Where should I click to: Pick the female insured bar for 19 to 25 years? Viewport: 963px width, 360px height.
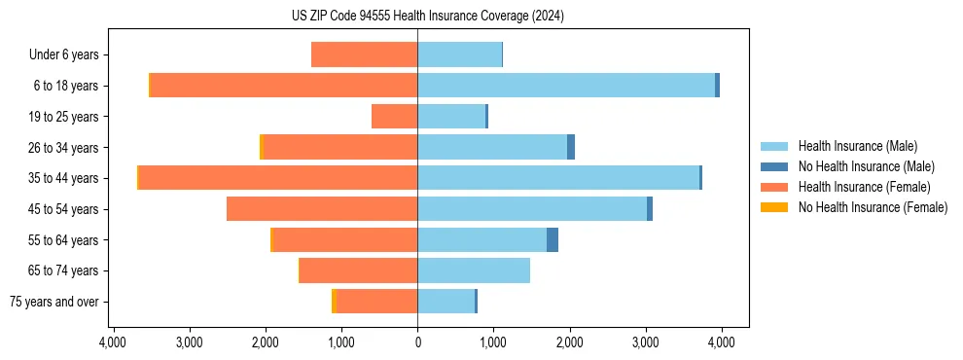(395, 117)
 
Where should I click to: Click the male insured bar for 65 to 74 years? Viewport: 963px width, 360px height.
(474, 270)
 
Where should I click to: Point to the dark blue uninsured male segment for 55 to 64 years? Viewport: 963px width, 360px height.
(553, 239)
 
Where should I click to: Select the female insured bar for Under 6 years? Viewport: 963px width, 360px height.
(365, 54)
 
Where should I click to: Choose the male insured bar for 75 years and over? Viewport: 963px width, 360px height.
(446, 302)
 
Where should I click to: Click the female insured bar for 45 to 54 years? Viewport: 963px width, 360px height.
(322, 209)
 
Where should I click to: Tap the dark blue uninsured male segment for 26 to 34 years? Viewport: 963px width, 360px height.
(571, 147)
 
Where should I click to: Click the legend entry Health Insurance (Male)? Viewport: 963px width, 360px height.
(857, 146)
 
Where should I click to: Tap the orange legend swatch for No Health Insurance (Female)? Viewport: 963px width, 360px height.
(774, 207)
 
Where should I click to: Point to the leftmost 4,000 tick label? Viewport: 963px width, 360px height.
(113, 342)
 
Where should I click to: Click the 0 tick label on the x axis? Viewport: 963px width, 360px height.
(417, 342)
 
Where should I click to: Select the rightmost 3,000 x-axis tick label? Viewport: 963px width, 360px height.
(645, 342)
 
